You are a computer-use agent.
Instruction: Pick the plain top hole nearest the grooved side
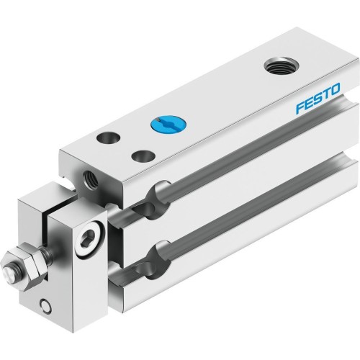click(140, 155)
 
